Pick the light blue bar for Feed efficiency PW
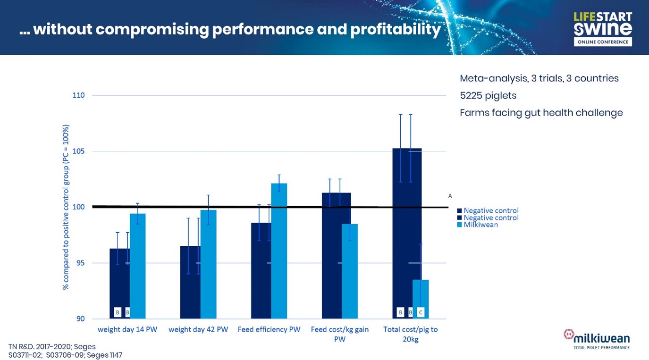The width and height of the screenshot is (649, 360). (279, 251)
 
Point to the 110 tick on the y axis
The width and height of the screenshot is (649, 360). (79, 95)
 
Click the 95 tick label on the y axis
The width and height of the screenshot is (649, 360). (80, 263)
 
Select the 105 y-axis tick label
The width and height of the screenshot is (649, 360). (79, 151)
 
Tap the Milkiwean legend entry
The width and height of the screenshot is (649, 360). (480, 225)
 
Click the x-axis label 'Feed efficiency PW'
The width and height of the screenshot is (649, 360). (269, 329)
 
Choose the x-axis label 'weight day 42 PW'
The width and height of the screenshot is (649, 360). (198, 329)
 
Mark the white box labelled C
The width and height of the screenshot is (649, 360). (421, 312)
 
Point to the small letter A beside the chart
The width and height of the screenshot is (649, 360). (450, 195)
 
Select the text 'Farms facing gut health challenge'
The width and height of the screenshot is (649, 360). (541, 113)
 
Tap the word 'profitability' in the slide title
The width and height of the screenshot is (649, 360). (396, 29)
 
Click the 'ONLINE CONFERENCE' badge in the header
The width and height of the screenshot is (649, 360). (603, 42)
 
